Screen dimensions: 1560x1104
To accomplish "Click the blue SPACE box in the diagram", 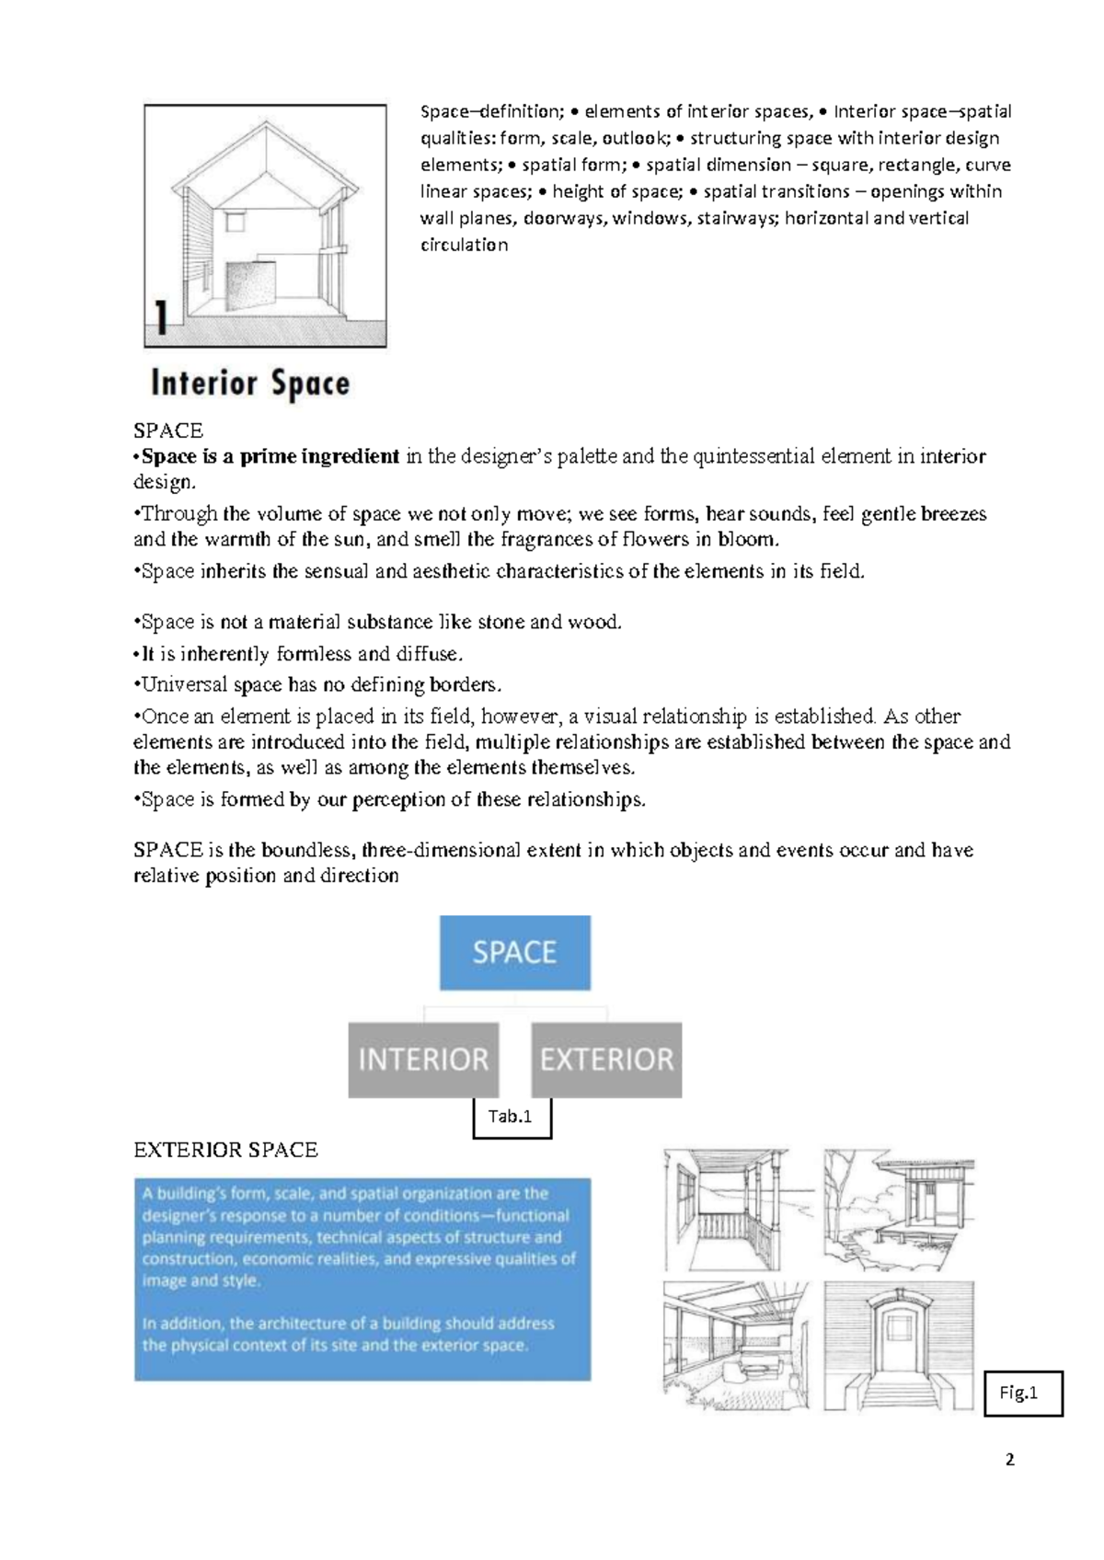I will point(514,952).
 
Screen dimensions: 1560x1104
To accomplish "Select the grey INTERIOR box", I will point(423,1060).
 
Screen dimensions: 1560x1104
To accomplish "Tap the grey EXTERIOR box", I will point(606,1060).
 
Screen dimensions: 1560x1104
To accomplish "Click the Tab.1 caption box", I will point(512,1117).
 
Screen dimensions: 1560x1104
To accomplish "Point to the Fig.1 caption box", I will point(1022,1393).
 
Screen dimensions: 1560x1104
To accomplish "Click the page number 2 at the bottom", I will point(1010,1460).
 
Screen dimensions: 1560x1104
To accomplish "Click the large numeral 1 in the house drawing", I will point(162,318).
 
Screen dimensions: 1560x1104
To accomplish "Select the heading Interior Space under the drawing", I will point(250,383).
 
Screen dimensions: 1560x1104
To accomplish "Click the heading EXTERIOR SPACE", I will point(225,1150).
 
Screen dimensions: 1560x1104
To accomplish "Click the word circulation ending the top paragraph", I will point(464,245).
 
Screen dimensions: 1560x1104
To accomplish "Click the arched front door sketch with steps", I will point(898,1347).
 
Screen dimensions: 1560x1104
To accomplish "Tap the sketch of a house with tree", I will point(898,1210).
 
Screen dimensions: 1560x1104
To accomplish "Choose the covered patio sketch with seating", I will point(735,1347).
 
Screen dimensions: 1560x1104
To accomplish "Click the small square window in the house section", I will point(236,223).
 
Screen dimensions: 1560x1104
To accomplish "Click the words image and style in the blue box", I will point(201,1280).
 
